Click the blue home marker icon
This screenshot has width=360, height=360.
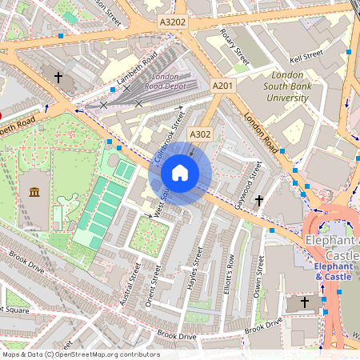click(x=180, y=173)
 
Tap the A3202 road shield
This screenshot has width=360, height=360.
click(x=172, y=22)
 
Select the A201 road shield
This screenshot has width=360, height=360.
click(x=222, y=85)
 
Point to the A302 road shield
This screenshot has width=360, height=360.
click(x=200, y=134)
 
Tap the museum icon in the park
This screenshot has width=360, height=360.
click(x=34, y=192)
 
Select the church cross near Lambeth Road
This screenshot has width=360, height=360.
click(x=58, y=78)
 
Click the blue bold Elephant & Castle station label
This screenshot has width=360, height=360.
click(x=332, y=271)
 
